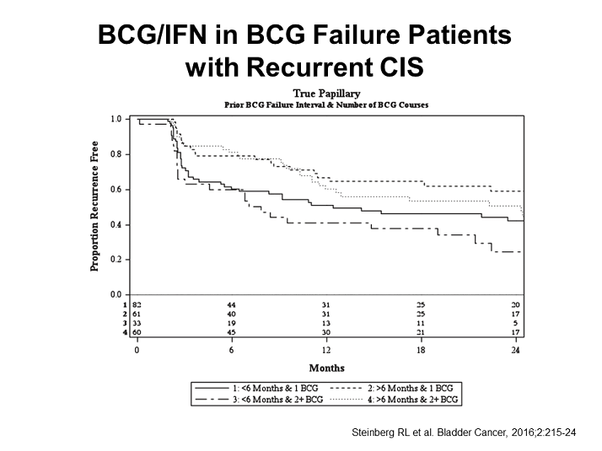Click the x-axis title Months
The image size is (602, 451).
tap(326, 368)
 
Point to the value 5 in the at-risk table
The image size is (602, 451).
tap(516, 323)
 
